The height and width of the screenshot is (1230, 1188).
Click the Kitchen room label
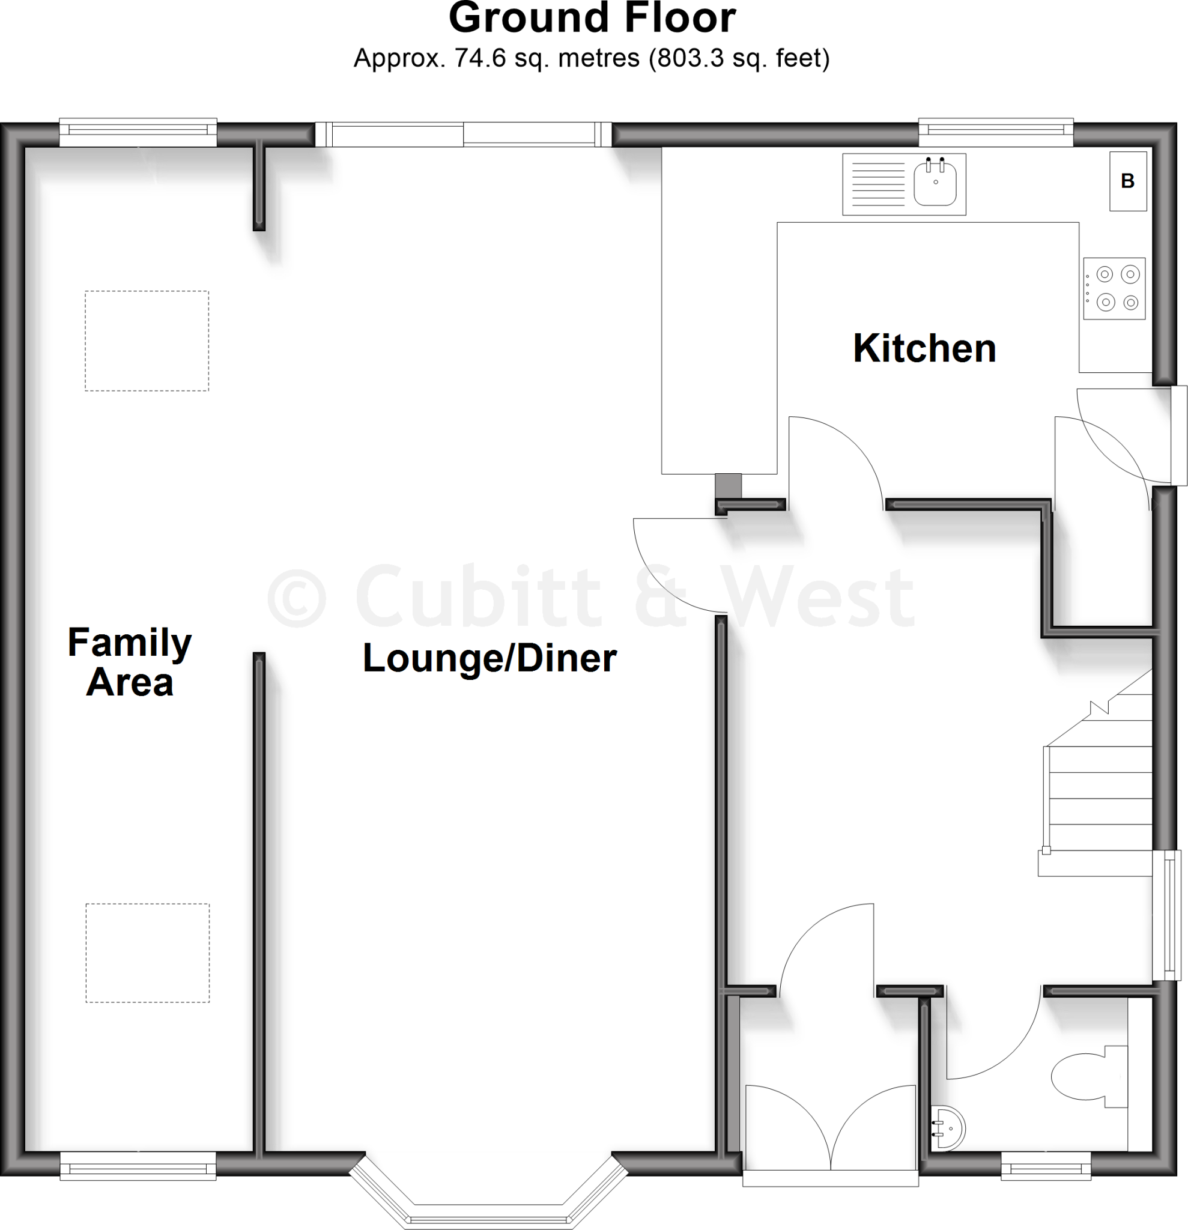tap(924, 349)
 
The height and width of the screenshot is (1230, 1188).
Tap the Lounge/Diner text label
tap(489, 658)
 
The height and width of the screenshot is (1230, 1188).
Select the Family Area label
tap(129, 662)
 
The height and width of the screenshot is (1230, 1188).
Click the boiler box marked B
tap(1128, 181)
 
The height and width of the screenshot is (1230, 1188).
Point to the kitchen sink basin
tap(935, 184)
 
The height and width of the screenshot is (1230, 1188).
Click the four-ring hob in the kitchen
tap(1114, 289)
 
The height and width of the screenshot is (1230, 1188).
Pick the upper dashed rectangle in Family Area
tap(147, 341)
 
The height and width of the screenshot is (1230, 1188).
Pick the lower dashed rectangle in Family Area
tap(148, 953)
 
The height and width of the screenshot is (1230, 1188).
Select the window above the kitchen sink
tap(996, 131)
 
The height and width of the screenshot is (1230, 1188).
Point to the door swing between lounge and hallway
tap(674, 565)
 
